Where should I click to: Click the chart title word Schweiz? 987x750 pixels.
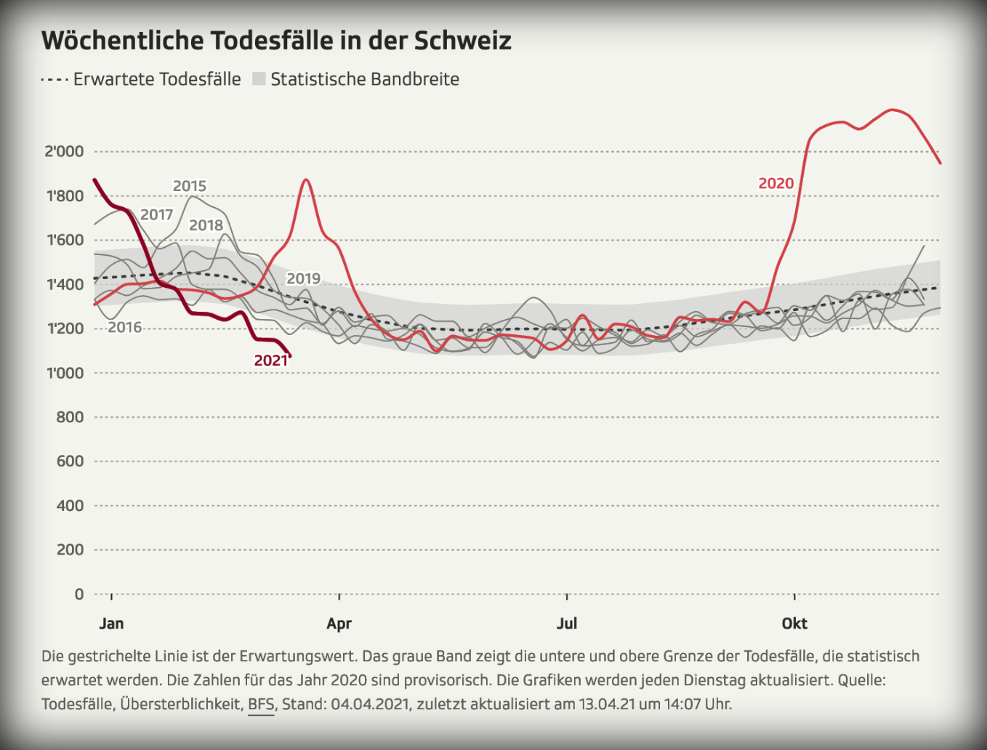tap(462, 41)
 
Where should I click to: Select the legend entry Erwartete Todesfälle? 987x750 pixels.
tap(156, 79)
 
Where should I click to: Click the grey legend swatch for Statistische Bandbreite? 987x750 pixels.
tap(259, 79)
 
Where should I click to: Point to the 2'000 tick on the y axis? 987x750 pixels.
tap(65, 151)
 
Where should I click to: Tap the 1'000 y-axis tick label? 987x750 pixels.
tap(65, 373)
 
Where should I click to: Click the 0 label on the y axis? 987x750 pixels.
tap(78, 594)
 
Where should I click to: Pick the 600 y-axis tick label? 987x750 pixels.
tap(70, 461)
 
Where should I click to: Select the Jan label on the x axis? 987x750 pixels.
tap(111, 624)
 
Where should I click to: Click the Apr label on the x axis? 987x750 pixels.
tap(339, 624)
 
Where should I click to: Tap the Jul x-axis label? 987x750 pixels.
tap(567, 624)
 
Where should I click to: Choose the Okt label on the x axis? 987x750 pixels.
tap(794, 624)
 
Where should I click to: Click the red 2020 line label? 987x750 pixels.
tap(776, 184)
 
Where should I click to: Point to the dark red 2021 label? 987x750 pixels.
tap(271, 360)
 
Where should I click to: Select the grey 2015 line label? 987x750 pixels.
tap(190, 186)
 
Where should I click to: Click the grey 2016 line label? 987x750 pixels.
tap(125, 327)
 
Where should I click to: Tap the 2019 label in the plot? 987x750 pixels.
tap(303, 278)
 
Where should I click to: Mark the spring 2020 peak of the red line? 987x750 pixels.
tap(306, 180)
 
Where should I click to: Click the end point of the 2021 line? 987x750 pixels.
tap(289, 355)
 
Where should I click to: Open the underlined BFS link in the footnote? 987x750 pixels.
tap(261, 704)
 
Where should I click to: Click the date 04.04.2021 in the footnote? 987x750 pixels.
tap(370, 704)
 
